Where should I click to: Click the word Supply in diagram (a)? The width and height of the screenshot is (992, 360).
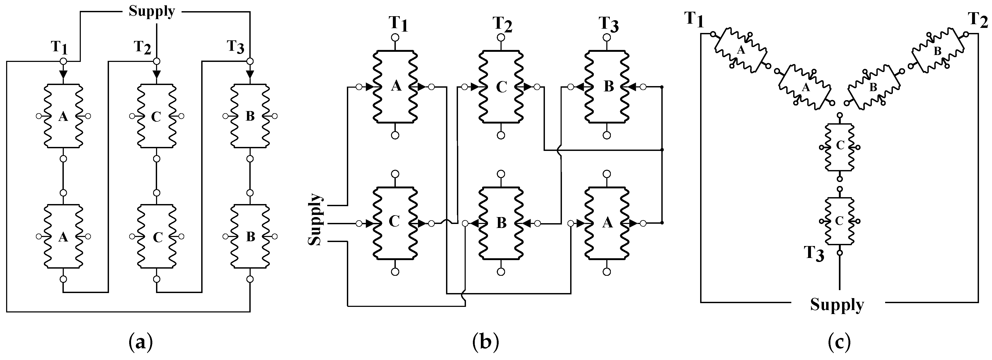[x=152, y=11]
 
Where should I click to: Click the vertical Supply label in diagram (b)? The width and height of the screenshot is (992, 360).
[x=316, y=219]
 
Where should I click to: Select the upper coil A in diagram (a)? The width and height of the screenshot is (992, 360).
[x=63, y=116]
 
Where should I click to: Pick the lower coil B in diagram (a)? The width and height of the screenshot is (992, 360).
[x=250, y=236]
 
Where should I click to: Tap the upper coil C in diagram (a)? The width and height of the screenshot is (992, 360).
[x=156, y=116]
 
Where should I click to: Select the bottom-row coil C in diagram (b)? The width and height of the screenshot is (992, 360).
[x=395, y=223]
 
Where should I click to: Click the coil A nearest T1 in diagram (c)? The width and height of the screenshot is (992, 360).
[x=741, y=50]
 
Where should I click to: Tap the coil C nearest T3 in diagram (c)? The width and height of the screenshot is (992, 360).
[x=839, y=221]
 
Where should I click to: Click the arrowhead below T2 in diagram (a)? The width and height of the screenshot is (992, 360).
[x=156, y=74]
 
